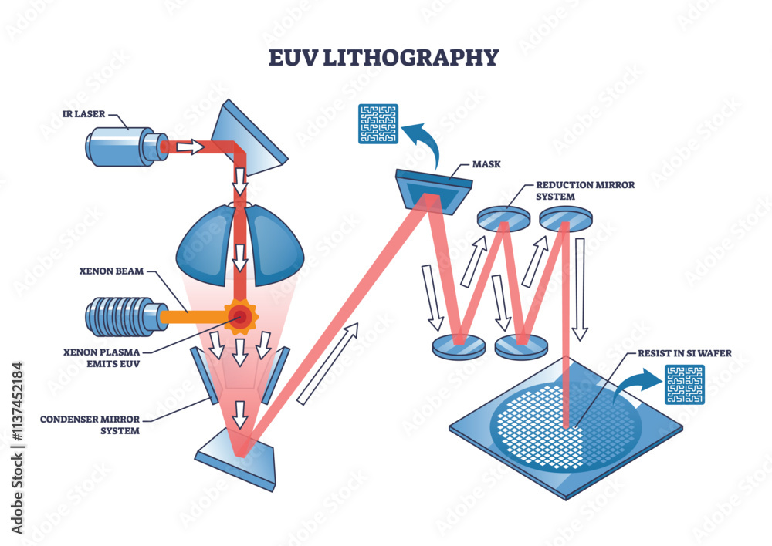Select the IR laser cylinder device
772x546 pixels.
click(124, 146)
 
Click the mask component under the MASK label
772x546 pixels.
click(431, 189)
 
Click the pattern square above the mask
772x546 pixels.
click(378, 124)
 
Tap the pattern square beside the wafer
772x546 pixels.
click(685, 385)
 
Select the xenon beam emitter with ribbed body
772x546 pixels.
click(124, 315)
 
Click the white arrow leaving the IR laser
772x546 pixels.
click(189, 147)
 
